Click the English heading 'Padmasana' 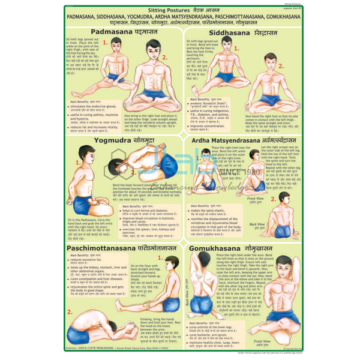coord(110,31)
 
